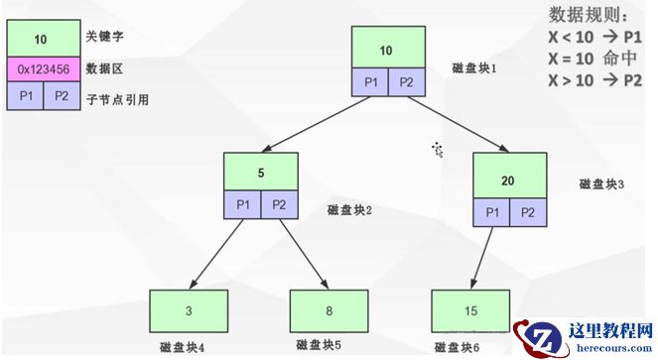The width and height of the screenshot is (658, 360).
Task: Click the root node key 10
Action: (x=388, y=48)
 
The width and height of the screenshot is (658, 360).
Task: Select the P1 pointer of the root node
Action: (x=370, y=82)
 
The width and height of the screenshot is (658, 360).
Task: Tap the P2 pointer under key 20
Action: (x=528, y=213)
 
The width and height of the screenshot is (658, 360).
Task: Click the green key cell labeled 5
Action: (x=261, y=172)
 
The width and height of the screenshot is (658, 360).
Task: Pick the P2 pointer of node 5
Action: (x=280, y=205)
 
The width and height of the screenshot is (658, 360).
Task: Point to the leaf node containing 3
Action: (x=189, y=309)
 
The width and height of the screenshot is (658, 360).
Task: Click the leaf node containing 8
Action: (x=329, y=309)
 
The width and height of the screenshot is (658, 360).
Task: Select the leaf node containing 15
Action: (x=470, y=309)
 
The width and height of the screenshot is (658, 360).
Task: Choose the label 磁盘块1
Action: (x=472, y=69)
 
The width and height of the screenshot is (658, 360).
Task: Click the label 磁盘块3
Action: (x=601, y=183)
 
